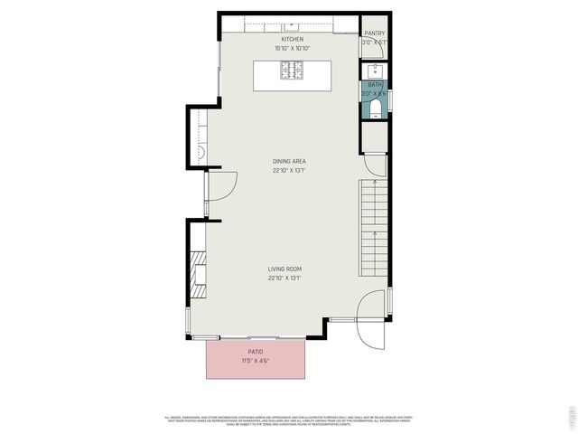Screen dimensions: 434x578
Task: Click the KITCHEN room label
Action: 292,40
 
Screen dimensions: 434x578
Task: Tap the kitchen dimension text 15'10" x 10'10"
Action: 292,48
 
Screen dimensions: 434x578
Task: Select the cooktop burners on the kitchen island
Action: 292,68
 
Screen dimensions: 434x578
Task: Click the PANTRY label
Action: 375,33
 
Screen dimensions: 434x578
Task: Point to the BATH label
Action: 374,84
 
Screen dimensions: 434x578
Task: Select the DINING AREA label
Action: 289,162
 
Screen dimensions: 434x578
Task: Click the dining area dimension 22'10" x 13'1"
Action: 289,170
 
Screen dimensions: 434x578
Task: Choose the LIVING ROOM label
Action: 284,269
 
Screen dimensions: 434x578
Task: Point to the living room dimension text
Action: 284,278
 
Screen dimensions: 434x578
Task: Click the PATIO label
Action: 256,351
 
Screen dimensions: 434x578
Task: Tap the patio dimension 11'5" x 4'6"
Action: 256,361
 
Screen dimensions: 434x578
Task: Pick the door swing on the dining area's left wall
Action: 222,189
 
